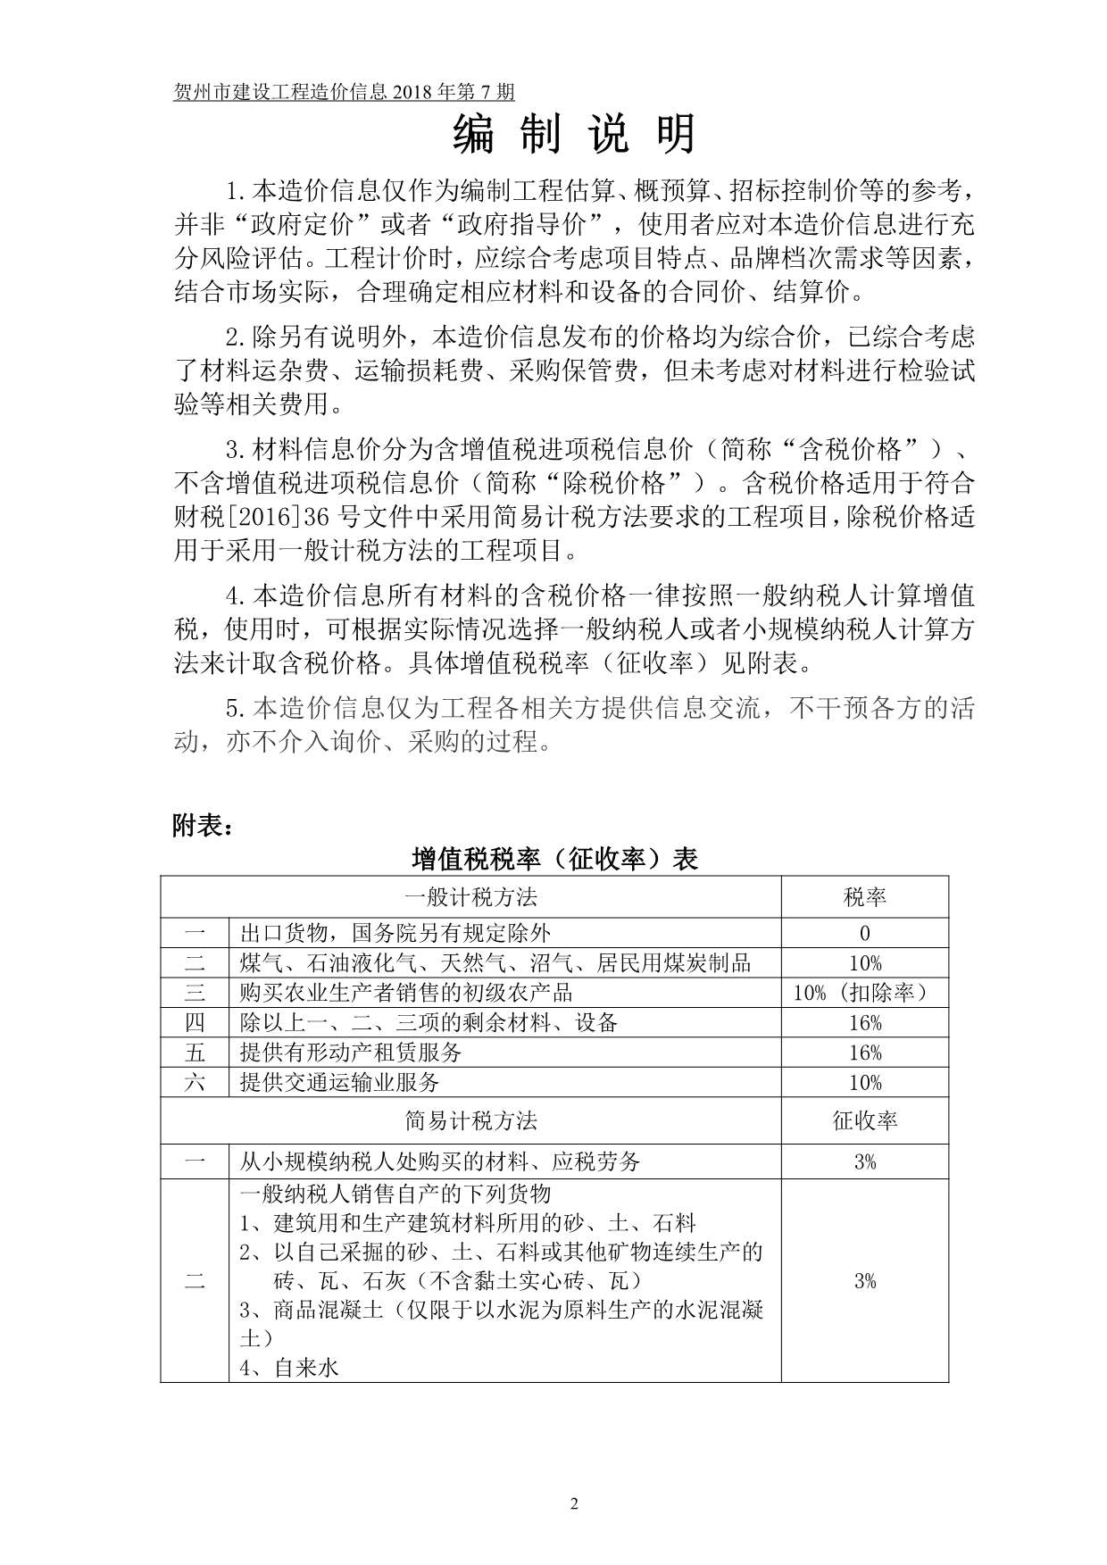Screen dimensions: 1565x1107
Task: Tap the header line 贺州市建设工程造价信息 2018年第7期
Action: pos(344,92)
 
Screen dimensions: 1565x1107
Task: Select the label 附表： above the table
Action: pos(204,828)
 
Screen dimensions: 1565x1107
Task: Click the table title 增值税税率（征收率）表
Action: pos(553,859)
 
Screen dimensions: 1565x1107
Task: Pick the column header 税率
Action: pos(864,896)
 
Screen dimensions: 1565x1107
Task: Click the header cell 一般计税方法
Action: pos(470,896)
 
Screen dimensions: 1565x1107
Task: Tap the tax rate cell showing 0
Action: pos(864,933)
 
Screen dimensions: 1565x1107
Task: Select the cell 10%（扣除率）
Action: pos(864,993)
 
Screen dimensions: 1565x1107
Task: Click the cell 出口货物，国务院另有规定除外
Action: pos(395,933)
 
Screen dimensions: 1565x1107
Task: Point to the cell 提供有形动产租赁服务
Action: pos(351,1053)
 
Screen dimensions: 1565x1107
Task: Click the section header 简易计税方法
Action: pos(470,1120)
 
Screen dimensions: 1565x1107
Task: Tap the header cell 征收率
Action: pos(864,1120)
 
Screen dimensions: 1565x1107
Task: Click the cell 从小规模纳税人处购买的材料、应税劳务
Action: pos(440,1161)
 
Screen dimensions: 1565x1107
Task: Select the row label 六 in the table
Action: pos(195,1082)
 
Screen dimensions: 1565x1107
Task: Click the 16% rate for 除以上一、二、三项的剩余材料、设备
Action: pos(864,1022)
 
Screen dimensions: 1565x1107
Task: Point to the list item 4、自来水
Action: pos(289,1367)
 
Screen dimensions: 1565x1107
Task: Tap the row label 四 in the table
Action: pos(195,1022)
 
